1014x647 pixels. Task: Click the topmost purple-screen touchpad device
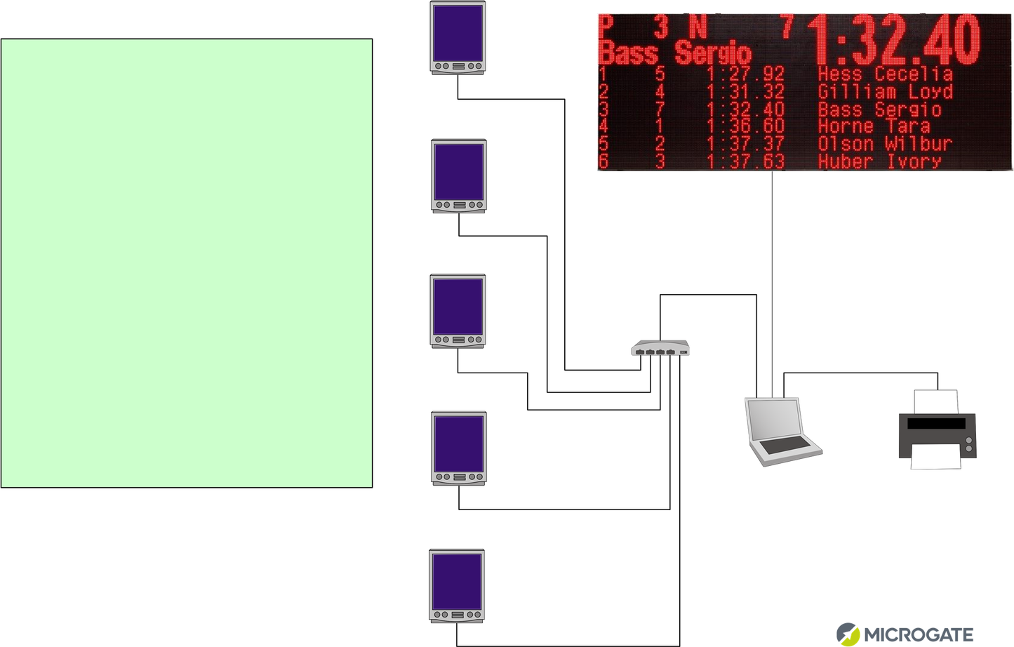click(x=458, y=37)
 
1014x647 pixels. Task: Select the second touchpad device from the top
click(x=458, y=175)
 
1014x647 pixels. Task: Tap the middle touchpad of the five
click(x=458, y=311)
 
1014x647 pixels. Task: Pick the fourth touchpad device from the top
click(x=458, y=448)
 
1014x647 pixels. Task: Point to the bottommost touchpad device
click(x=457, y=586)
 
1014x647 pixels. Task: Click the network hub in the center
click(x=660, y=348)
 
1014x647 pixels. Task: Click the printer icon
click(x=938, y=430)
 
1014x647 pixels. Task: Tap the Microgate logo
click(x=905, y=634)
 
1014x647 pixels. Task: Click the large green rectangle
click(x=187, y=263)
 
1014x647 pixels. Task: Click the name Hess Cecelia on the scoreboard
click(x=885, y=74)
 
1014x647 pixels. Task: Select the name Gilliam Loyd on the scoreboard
click(x=885, y=91)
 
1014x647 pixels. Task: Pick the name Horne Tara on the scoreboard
click(x=874, y=126)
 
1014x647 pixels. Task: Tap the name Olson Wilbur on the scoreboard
click(x=885, y=144)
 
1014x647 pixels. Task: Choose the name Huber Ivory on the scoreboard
click(x=879, y=161)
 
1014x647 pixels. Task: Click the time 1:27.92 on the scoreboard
click(x=745, y=74)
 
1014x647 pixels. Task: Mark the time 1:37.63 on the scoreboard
click(x=745, y=161)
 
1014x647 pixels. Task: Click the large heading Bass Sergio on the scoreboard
click(x=674, y=53)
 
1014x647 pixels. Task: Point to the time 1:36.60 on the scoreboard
click(x=745, y=126)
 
